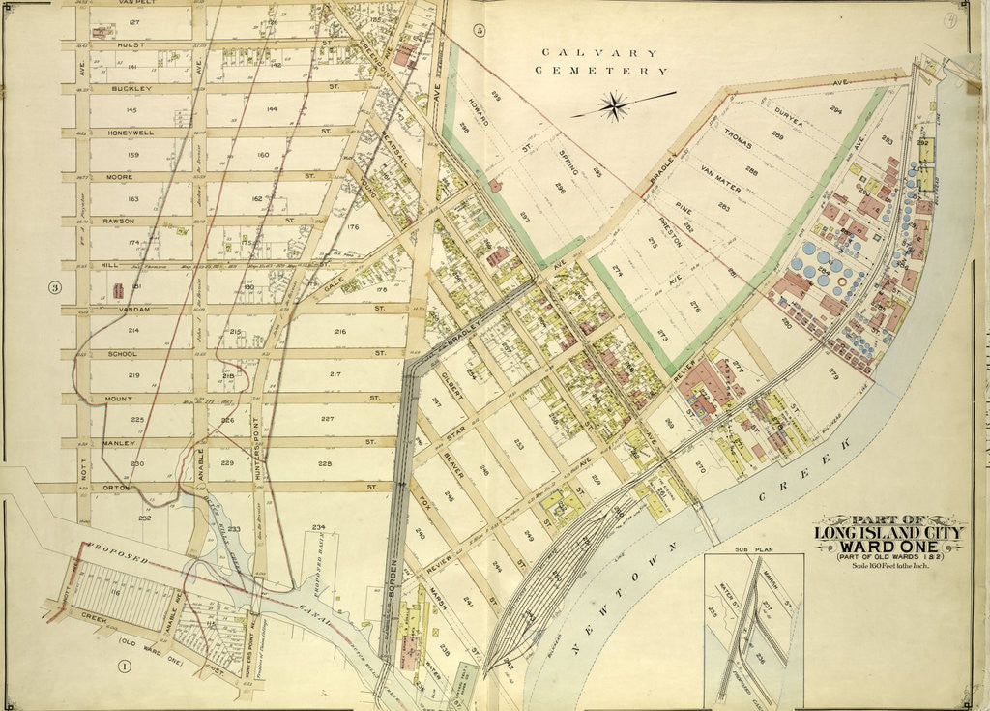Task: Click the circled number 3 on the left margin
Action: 56,286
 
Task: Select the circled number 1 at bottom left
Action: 124,666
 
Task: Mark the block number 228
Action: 325,464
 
